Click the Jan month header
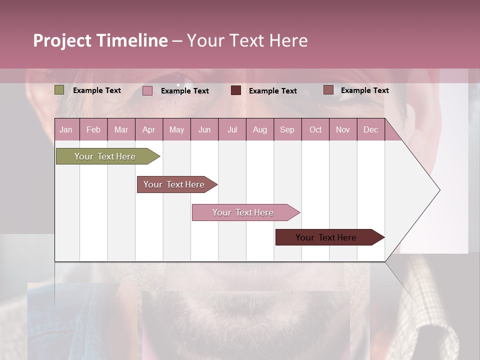tap(66, 129)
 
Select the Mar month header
tap(121, 129)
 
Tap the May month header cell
tap(176, 129)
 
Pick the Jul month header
tap(232, 129)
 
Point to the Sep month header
tap(287, 129)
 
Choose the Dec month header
tap(370, 129)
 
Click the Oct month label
tap(315, 129)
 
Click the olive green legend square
tap(59, 90)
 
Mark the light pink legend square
tap(147, 90)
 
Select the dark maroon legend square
tap(236, 90)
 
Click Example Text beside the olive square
tap(97, 90)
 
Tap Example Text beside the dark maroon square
tap(273, 91)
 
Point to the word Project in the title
tap(62, 40)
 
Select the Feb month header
tap(93, 129)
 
